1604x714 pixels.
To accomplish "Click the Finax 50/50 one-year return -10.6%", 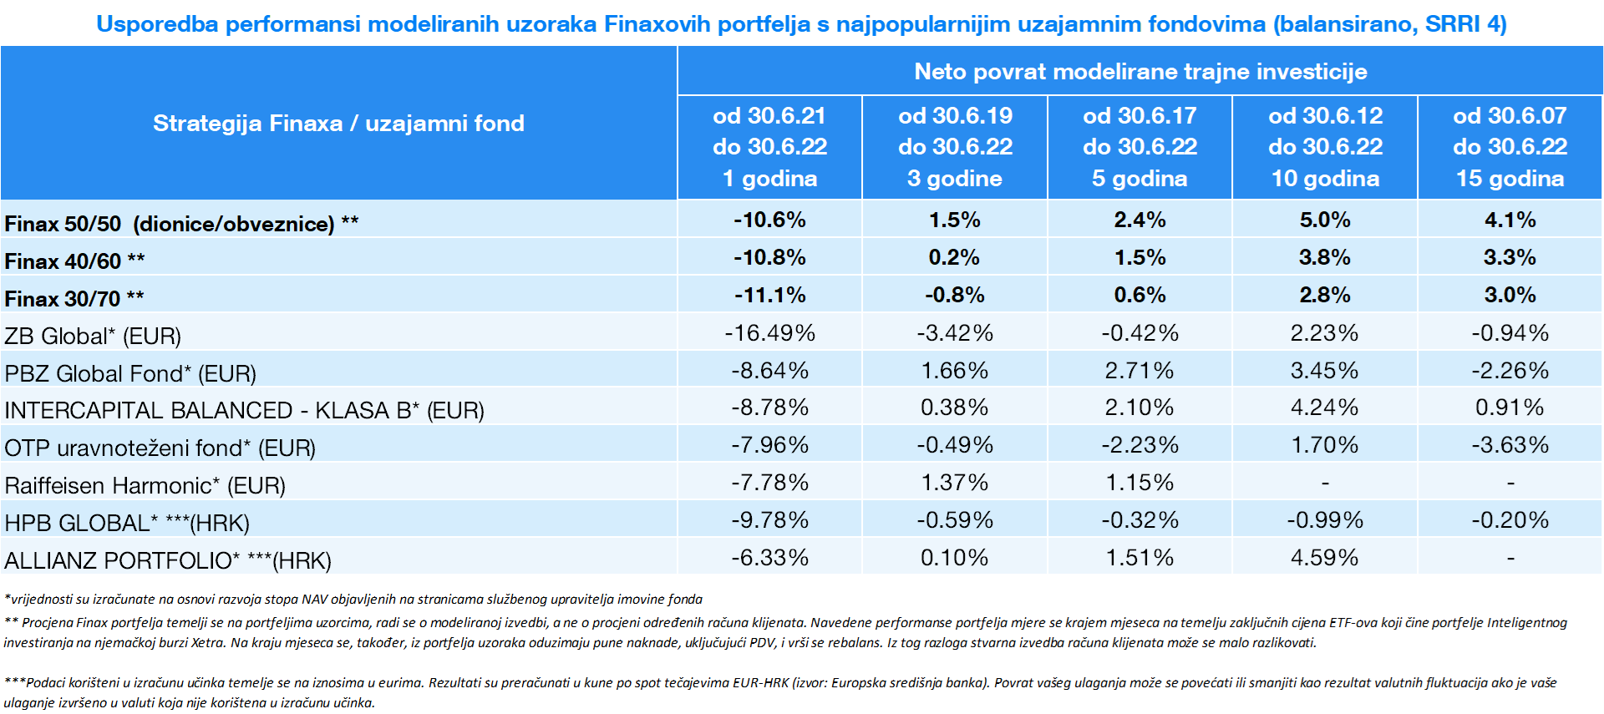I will click(769, 220).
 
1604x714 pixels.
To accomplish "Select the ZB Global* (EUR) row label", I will click(93, 336).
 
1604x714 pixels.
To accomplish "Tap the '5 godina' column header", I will click(1140, 179).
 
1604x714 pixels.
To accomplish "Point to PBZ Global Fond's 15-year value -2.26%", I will click(1510, 370).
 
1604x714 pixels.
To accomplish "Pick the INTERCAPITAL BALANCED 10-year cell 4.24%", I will click(1324, 408).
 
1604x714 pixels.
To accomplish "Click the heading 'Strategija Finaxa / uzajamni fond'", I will click(338, 124).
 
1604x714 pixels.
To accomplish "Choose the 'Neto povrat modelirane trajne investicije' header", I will click(1140, 72).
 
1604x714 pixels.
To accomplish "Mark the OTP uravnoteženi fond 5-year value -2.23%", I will click(1140, 445).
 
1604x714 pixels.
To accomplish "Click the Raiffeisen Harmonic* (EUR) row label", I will click(145, 485).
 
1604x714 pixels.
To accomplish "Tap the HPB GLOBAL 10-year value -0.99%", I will click(1324, 520).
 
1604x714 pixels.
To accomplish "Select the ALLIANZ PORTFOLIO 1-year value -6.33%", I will click(769, 557).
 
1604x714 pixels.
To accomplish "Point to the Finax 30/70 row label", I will click(74, 298).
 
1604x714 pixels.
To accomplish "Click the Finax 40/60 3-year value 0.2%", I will click(954, 257).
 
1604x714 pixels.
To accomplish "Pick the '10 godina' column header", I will click(1325, 179).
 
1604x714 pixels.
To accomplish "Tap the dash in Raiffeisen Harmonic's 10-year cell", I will click(1325, 484).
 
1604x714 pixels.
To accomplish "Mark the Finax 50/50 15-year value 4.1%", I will click(1510, 220).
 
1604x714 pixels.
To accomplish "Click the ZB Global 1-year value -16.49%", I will click(769, 333).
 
